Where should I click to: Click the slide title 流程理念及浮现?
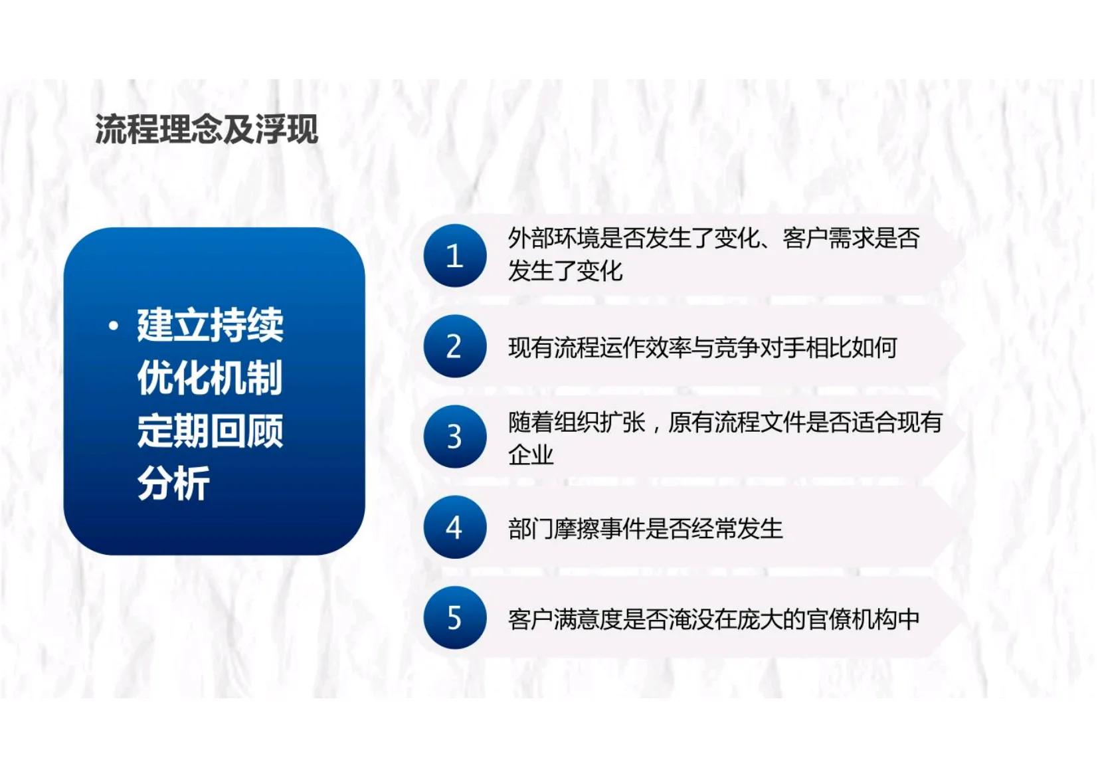coord(207,129)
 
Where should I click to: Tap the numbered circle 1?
coord(455,256)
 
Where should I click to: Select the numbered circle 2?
coord(455,346)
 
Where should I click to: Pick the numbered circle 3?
coord(455,436)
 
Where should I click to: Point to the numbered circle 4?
coord(455,527)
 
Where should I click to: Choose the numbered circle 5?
coord(455,618)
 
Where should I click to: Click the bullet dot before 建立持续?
coord(114,326)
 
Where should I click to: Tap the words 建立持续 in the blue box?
coord(210,326)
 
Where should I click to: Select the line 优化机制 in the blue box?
coord(210,378)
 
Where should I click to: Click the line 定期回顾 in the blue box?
coord(210,431)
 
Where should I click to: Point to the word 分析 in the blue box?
coord(173,483)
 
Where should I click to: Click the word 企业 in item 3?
coord(531,455)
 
